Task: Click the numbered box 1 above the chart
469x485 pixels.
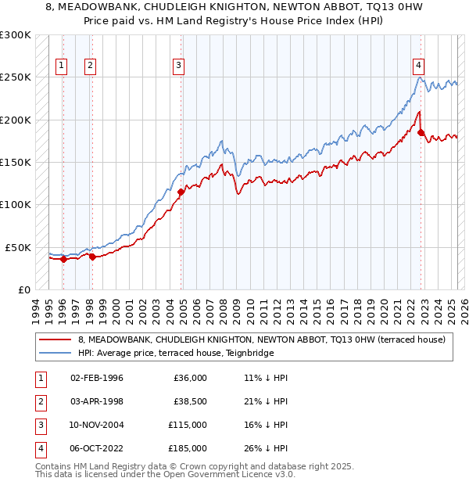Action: (x=61, y=66)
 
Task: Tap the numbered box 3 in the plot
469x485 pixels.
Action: (x=179, y=66)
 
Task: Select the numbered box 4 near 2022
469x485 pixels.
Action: (x=420, y=66)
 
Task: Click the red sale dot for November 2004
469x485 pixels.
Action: (x=181, y=192)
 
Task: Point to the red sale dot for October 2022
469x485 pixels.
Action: (x=421, y=133)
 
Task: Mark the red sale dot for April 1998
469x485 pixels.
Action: (x=91, y=257)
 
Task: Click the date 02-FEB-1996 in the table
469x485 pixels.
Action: (x=96, y=378)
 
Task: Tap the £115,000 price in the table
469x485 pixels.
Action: (x=188, y=425)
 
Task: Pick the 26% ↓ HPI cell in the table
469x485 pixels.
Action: (x=266, y=448)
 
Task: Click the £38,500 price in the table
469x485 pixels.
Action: (x=190, y=401)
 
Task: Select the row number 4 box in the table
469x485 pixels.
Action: (x=38, y=448)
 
